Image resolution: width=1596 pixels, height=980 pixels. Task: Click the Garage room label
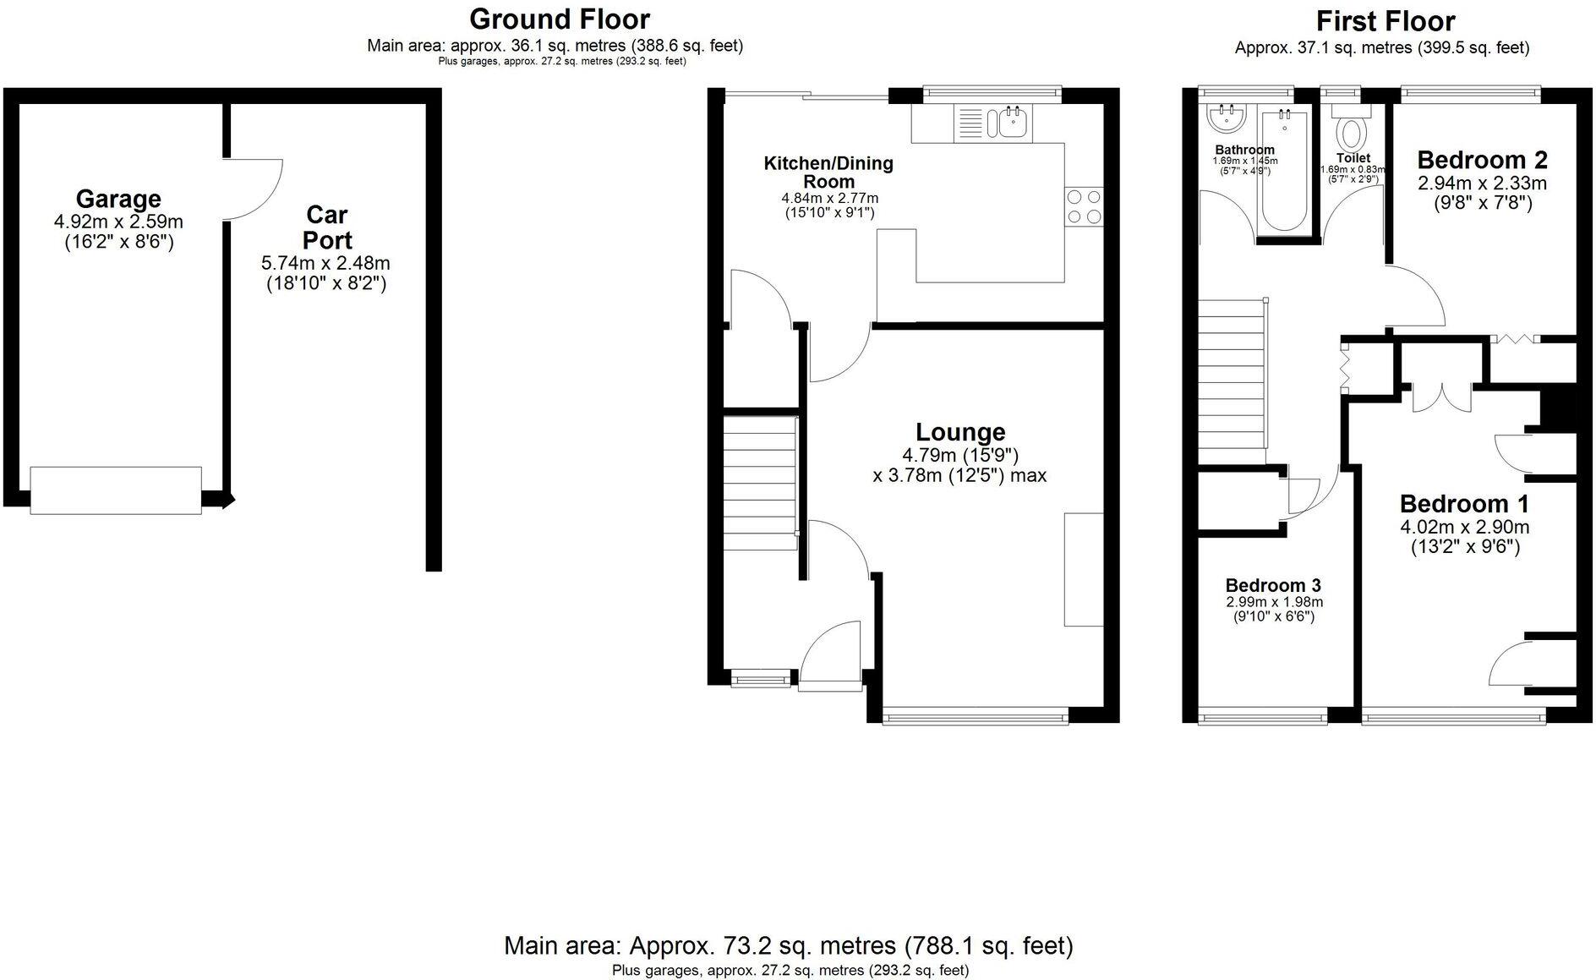pyautogui.click(x=118, y=199)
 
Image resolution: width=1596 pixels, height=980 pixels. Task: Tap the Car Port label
pyautogui.click(x=327, y=227)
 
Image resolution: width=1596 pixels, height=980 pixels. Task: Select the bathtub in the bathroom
pyautogui.click(x=1284, y=172)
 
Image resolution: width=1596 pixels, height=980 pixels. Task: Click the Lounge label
pyautogui.click(x=960, y=432)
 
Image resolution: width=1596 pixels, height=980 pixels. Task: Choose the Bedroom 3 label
pyautogui.click(x=1273, y=585)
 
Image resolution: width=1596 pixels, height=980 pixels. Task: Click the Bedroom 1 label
pyautogui.click(x=1464, y=504)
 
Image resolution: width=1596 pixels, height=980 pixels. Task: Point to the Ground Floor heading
pyautogui.click(x=560, y=19)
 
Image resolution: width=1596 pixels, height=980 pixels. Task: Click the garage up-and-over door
pyautogui.click(x=116, y=490)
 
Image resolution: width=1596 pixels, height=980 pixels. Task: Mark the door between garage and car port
pyautogui.click(x=254, y=189)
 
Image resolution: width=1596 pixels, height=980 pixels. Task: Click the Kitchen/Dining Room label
pyautogui.click(x=828, y=172)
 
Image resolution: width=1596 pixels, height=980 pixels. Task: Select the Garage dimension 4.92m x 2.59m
pyautogui.click(x=118, y=222)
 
